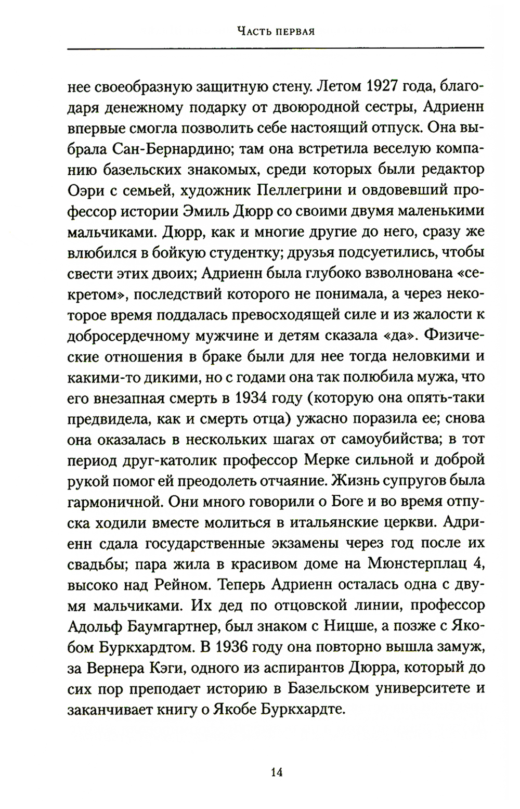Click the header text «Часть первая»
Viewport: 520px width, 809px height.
click(x=276, y=31)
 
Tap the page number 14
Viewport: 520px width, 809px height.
click(x=276, y=772)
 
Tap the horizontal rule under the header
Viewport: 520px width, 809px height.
click(x=276, y=49)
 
